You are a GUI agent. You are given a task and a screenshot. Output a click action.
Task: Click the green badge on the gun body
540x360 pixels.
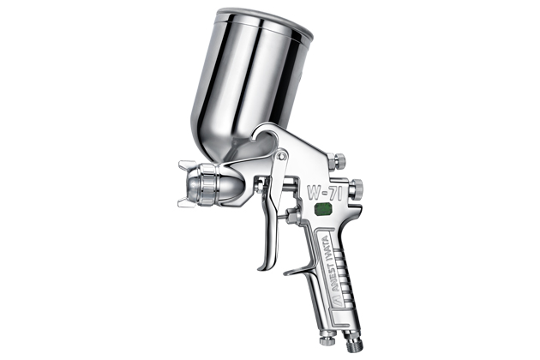(x=322, y=210)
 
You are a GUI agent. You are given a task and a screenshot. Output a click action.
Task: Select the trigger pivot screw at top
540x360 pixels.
(x=283, y=156)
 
